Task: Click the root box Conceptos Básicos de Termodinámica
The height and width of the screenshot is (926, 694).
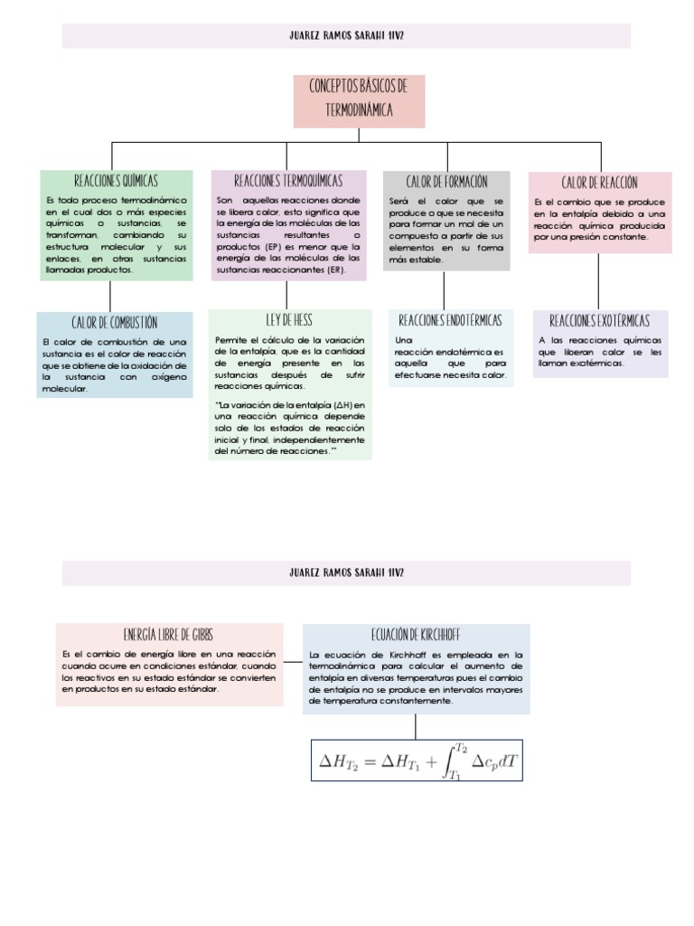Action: click(359, 99)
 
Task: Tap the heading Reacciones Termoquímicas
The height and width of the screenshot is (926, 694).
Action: click(288, 181)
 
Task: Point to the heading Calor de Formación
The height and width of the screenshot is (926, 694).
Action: click(446, 182)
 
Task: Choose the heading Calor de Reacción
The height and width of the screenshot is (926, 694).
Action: click(599, 183)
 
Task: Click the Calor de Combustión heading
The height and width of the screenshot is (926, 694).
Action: click(114, 322)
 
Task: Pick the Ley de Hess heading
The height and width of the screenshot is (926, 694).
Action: click(289, 319)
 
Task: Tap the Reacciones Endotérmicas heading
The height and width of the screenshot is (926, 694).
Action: click(450, 320)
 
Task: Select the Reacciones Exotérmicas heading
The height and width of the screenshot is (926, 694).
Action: click(599, 320)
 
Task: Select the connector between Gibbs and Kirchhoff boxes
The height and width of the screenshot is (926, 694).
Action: click(293, 661)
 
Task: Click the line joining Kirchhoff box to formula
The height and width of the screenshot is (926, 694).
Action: click(416, 726)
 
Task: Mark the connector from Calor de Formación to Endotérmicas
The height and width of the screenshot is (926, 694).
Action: click(444, 289)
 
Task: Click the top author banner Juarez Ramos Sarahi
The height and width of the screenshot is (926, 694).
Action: click(346, 36)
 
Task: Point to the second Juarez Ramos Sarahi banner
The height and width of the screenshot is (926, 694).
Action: click(346, 572)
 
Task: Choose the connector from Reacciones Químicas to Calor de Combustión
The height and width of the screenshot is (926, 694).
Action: click(110, 296)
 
